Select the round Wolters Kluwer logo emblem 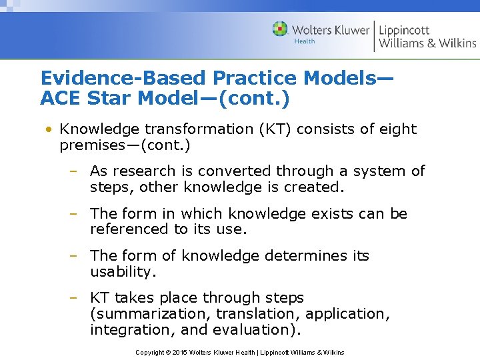[x=280, y=29]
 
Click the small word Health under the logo [x=304, y=41]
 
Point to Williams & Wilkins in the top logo [x=427, y=43]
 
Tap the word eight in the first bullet [x=397, y=129]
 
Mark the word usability [x=122, y=271]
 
